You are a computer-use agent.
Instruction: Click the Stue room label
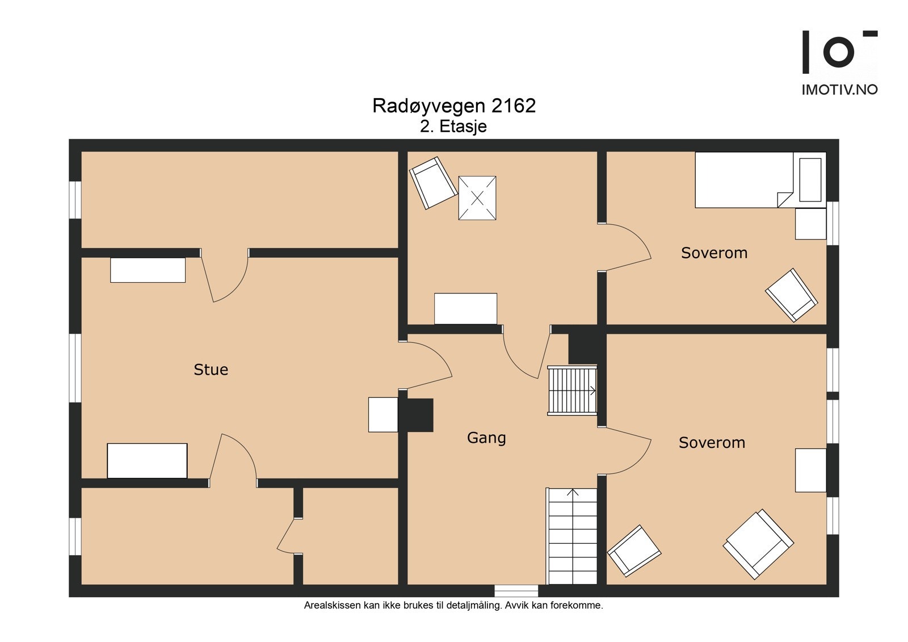[x=211, y=370]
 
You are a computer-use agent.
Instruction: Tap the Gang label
[x=486, y=438]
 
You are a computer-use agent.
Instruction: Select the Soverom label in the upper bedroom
[x=714, y=253]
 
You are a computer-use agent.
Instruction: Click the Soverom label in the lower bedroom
[x=712, y=443]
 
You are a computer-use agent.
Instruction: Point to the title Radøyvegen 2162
[x=453, y=106]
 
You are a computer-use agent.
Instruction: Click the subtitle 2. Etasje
[x=453, y=126]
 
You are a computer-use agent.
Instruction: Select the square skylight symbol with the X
[x=477, y=198]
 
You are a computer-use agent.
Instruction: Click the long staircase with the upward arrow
[x=571, y=536]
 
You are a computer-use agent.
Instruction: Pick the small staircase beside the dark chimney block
[x=571, y=391]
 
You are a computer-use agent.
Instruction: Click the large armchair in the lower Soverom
[x=758, y=544]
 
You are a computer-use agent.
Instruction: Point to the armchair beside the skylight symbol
[x=433, y=183]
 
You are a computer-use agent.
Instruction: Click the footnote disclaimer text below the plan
[x=453, y=606]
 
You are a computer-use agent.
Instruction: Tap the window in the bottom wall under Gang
[x=516, y=591]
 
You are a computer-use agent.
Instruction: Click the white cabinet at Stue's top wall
[x=148, y=270]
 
